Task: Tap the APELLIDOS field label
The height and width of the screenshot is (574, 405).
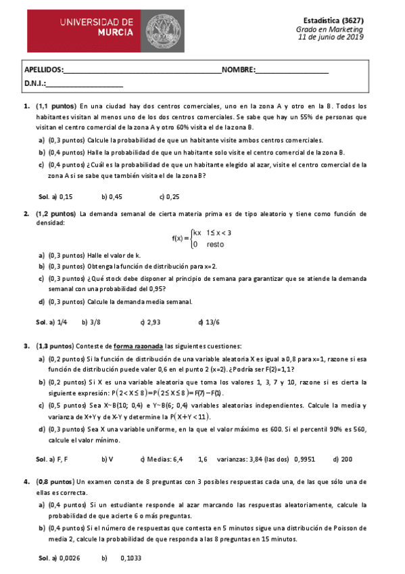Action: pos(44,70)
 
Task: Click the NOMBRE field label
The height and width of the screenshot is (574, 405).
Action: pos(238,70)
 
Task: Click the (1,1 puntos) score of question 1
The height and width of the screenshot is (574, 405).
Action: pos(55,107)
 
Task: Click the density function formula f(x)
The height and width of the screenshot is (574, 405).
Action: pos(201,238)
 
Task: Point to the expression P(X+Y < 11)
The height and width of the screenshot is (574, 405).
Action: pos(190,416)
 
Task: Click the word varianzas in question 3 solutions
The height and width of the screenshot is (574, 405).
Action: pos(233,460)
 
